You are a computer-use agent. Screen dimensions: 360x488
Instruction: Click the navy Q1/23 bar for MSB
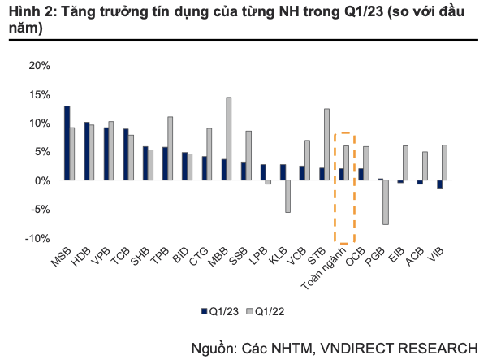coord(67,143)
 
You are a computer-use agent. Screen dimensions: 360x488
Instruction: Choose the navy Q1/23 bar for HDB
coord(87,151)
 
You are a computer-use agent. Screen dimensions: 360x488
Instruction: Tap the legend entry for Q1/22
coord(270,311)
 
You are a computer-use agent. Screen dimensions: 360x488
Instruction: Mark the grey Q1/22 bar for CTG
coord(209,154)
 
